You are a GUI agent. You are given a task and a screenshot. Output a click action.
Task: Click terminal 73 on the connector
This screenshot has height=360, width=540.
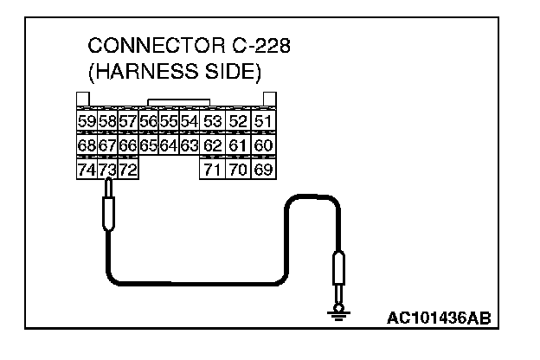click(106, 170)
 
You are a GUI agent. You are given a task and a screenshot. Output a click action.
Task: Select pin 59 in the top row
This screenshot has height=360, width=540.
click(87, 122)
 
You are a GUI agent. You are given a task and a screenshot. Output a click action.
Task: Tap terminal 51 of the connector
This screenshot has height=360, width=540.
click(265, 122)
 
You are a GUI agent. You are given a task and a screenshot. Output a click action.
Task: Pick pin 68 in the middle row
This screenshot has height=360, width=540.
click(87, 145)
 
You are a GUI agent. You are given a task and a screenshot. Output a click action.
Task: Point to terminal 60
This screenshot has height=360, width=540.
click(265, 145)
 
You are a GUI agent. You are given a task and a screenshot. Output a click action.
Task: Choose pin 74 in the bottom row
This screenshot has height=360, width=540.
click(87, 170)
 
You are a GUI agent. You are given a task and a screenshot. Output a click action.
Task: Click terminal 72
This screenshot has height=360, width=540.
click(127, 170)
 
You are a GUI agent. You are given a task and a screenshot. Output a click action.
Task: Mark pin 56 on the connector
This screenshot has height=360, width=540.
click(148, 122)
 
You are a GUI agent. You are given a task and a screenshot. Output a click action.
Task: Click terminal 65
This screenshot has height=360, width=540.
click(148, 145)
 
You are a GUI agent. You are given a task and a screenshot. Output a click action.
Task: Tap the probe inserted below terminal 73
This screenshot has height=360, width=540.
click(106, 212)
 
